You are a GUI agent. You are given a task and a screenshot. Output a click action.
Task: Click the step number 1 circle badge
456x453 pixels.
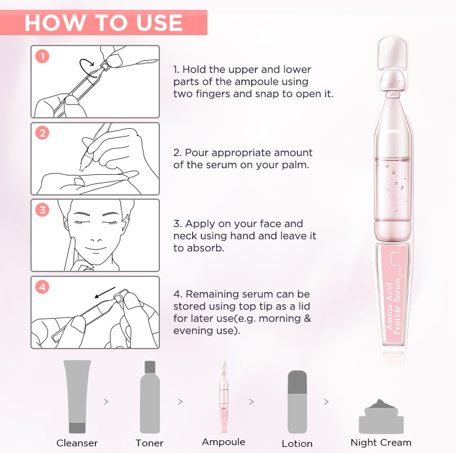point(42,57)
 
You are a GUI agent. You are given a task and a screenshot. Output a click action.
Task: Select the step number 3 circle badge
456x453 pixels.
point(42,211)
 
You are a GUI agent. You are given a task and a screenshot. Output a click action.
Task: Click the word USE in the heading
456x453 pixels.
point(154,23)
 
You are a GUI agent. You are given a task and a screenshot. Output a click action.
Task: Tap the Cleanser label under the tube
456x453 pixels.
point(77,443)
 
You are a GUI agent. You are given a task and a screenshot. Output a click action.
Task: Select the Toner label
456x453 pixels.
point(150,443)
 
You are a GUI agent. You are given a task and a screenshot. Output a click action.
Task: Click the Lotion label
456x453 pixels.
point(297,443)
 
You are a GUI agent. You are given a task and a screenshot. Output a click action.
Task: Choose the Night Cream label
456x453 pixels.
point(381,442)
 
